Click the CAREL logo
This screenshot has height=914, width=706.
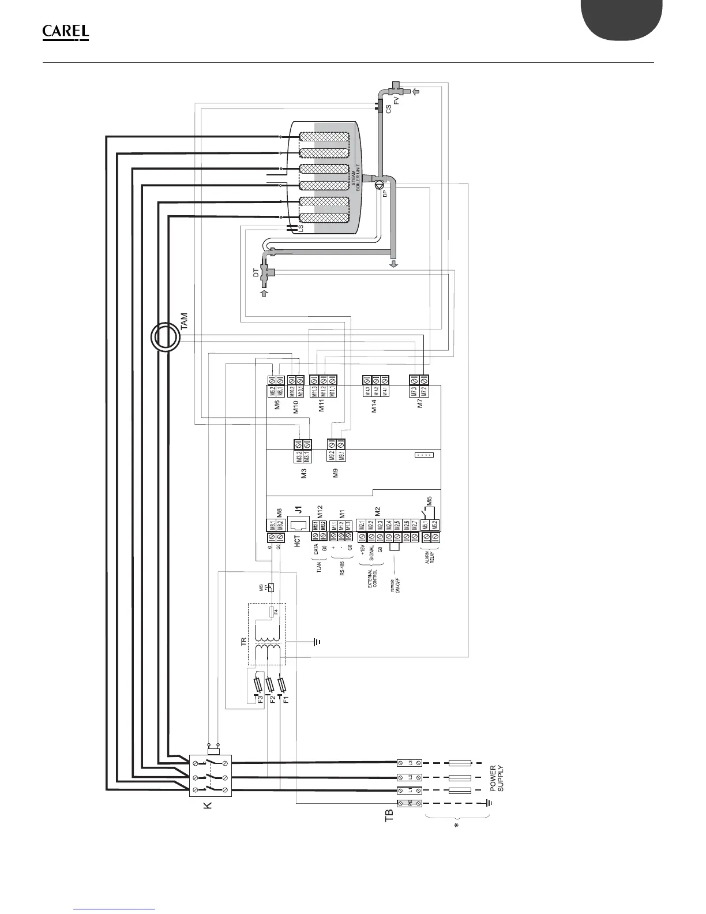click(66, 33)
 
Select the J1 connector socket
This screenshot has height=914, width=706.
click(299, 526)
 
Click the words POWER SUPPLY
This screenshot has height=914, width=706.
click(497, 778)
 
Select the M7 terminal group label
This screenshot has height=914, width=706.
click(420, 403)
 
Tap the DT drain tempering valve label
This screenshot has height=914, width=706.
click(256, 274)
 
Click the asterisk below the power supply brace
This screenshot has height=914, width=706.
click(456, 827)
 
